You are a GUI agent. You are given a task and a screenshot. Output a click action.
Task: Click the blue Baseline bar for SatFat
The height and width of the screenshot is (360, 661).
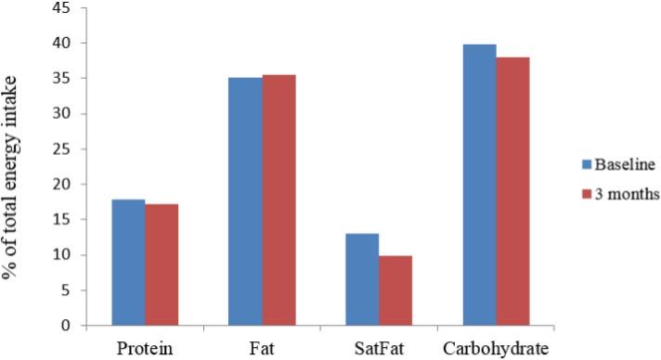click(x=362, y=279)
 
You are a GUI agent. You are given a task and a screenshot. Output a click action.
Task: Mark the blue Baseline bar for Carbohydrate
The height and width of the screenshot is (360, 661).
click(x=479, y=185)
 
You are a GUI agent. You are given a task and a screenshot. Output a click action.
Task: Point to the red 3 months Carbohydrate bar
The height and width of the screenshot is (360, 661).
click(x=512, y=191)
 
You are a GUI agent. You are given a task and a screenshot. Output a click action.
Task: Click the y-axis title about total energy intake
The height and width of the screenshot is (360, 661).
click(x=14, y=167)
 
